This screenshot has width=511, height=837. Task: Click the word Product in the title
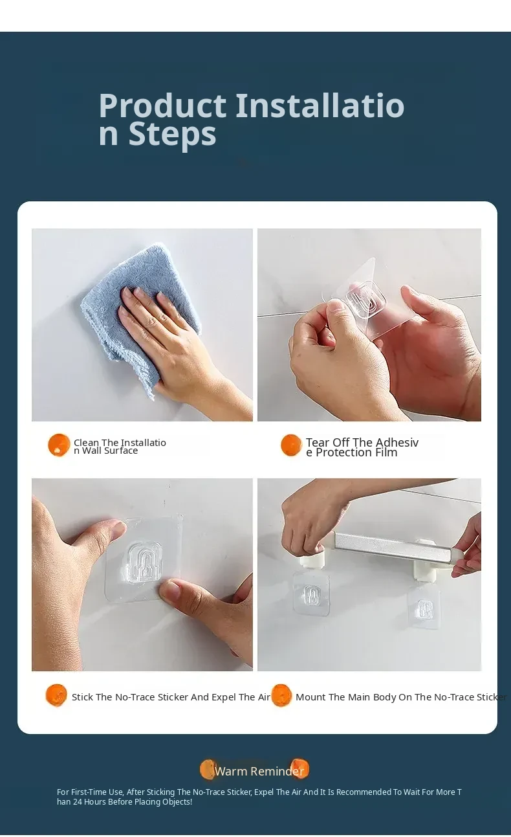pyautogui.click(x=162, y=106)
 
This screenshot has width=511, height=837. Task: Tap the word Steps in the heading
pyautogui.click(x=173, y=135)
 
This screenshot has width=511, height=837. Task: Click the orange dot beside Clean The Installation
pyautogui.click(x=59, y=445)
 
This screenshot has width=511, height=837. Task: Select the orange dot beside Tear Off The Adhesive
pyautogui.click(x=291, y=445)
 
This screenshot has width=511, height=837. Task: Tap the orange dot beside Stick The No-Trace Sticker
pyautogui.click(x=56, y=695)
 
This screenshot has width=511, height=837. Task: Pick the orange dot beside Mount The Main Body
pyautogui.click(x=281, y=695)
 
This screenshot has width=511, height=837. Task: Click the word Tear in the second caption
pyautogui.click(x=318, y=442)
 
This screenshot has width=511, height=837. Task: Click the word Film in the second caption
pyautogui.click(x=386, y=452)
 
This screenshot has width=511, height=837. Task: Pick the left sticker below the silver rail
pyautogui.click(x=311, y=594)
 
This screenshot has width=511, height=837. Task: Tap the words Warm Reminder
pyautogui.click(x=259, y=771)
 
